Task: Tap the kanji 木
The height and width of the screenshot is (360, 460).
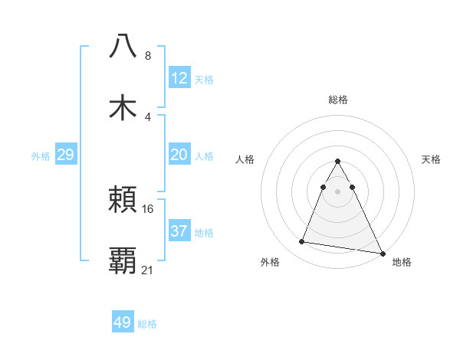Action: (x=123, y=106)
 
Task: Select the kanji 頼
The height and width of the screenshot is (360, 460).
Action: (x=123, y=201)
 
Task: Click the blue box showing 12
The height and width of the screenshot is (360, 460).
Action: (x=179, y=78)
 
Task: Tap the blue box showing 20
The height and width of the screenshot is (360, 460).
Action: (x=179, y=155)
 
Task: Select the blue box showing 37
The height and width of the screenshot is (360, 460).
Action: (x=179, y=231)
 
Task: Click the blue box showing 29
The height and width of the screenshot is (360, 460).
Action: (x=65, y=155)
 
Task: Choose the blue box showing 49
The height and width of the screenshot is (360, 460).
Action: (x=123, y=322)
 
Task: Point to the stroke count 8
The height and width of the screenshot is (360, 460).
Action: (x=148, y=56)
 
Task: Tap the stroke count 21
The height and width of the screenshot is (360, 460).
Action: (x=148, y=270)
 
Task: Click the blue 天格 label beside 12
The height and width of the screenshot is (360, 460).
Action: (x=204, y=80)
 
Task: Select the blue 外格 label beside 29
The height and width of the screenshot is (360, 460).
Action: (x=41, y=156)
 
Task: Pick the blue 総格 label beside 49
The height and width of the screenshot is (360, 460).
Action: (x=147, y=324)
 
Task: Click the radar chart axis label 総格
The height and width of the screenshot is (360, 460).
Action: (x=337, y=100)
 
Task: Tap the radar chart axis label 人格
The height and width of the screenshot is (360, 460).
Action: (x=246, y=159)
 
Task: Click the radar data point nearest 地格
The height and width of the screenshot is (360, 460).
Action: (x=381, y=254)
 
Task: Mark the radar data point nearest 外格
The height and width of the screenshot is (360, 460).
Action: (x=302, y=242)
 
